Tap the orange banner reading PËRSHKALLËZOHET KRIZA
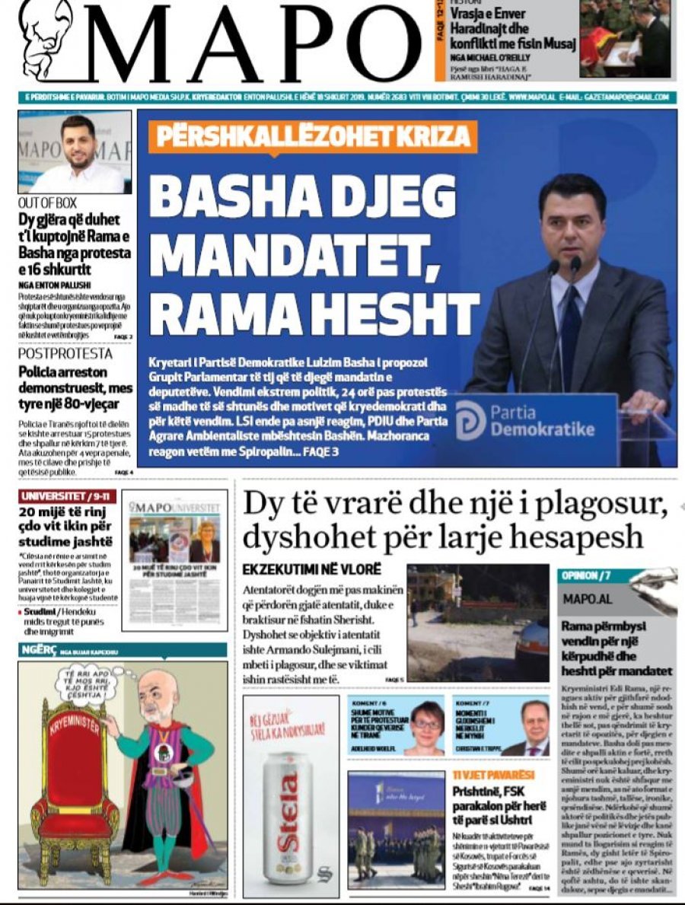pyautogui.click(x=313, y=138)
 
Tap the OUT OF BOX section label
pyautogui.click(x=46, y=203)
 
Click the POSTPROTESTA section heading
pyautogui.click(x=65, y=354)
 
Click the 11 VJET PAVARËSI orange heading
pyautogui.click(x=491, y=775)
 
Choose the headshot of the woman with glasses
pyautogui.click(x=426, y=726)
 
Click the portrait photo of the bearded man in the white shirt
pyautogui.click(x=77, y=153)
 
